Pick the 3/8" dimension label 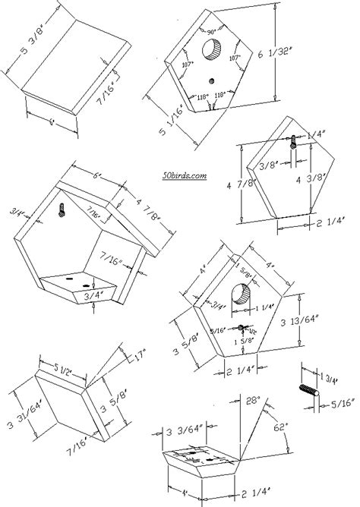(x=266, y=163)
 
